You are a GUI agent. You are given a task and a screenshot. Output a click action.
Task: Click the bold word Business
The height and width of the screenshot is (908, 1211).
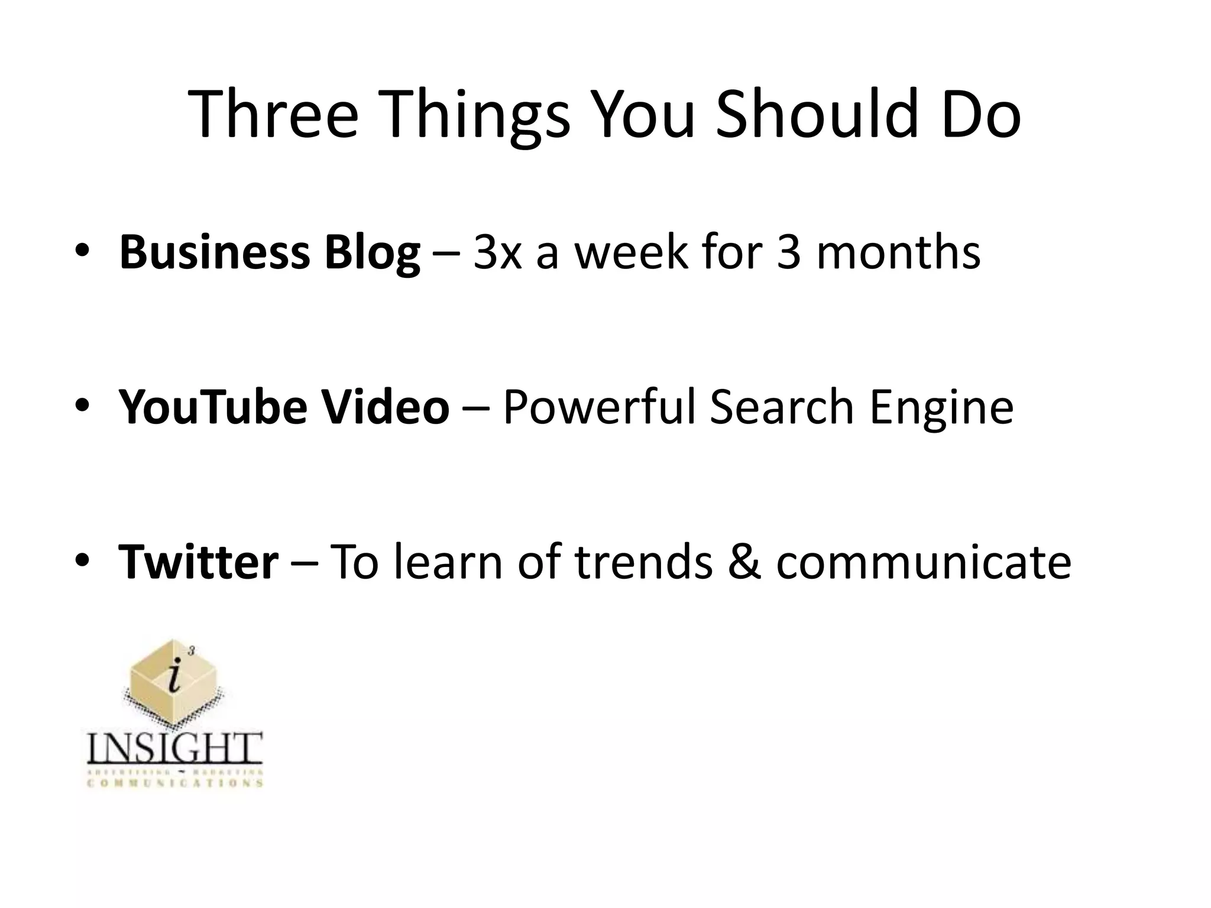pos(215,253)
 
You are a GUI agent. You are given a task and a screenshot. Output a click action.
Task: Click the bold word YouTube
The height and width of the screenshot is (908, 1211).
pos(213,407)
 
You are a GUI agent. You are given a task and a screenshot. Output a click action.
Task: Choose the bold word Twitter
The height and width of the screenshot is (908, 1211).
pos(199,562)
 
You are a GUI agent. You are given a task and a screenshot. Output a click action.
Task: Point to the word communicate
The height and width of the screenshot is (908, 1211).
pos(924,562)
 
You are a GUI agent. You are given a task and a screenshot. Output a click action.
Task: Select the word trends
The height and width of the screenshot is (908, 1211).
pos(644,562)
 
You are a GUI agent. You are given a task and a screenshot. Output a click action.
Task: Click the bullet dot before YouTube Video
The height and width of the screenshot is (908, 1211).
pos(82,406)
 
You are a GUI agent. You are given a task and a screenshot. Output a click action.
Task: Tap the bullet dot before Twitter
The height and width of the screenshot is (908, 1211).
pos(82,560)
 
